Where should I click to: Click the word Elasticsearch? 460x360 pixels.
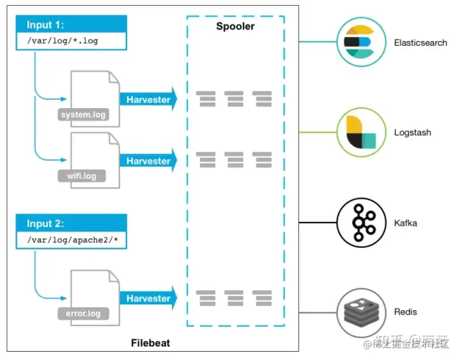pos(420,43)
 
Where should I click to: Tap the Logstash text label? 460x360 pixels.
pos(413,132)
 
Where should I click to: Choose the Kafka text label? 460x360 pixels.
pos(406,223)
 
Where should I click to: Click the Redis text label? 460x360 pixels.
pos(406,311)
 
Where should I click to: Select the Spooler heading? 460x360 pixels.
pos(235,26)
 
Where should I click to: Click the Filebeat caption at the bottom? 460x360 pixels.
pos(151,343)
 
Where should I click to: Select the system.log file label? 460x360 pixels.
pos(83,115)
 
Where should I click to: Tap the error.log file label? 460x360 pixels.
pos(83,314)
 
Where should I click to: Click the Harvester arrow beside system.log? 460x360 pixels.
pos(148,100)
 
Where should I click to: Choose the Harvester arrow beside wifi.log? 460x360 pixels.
pos(148,161)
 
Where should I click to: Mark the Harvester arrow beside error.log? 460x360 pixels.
pos(148,299)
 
